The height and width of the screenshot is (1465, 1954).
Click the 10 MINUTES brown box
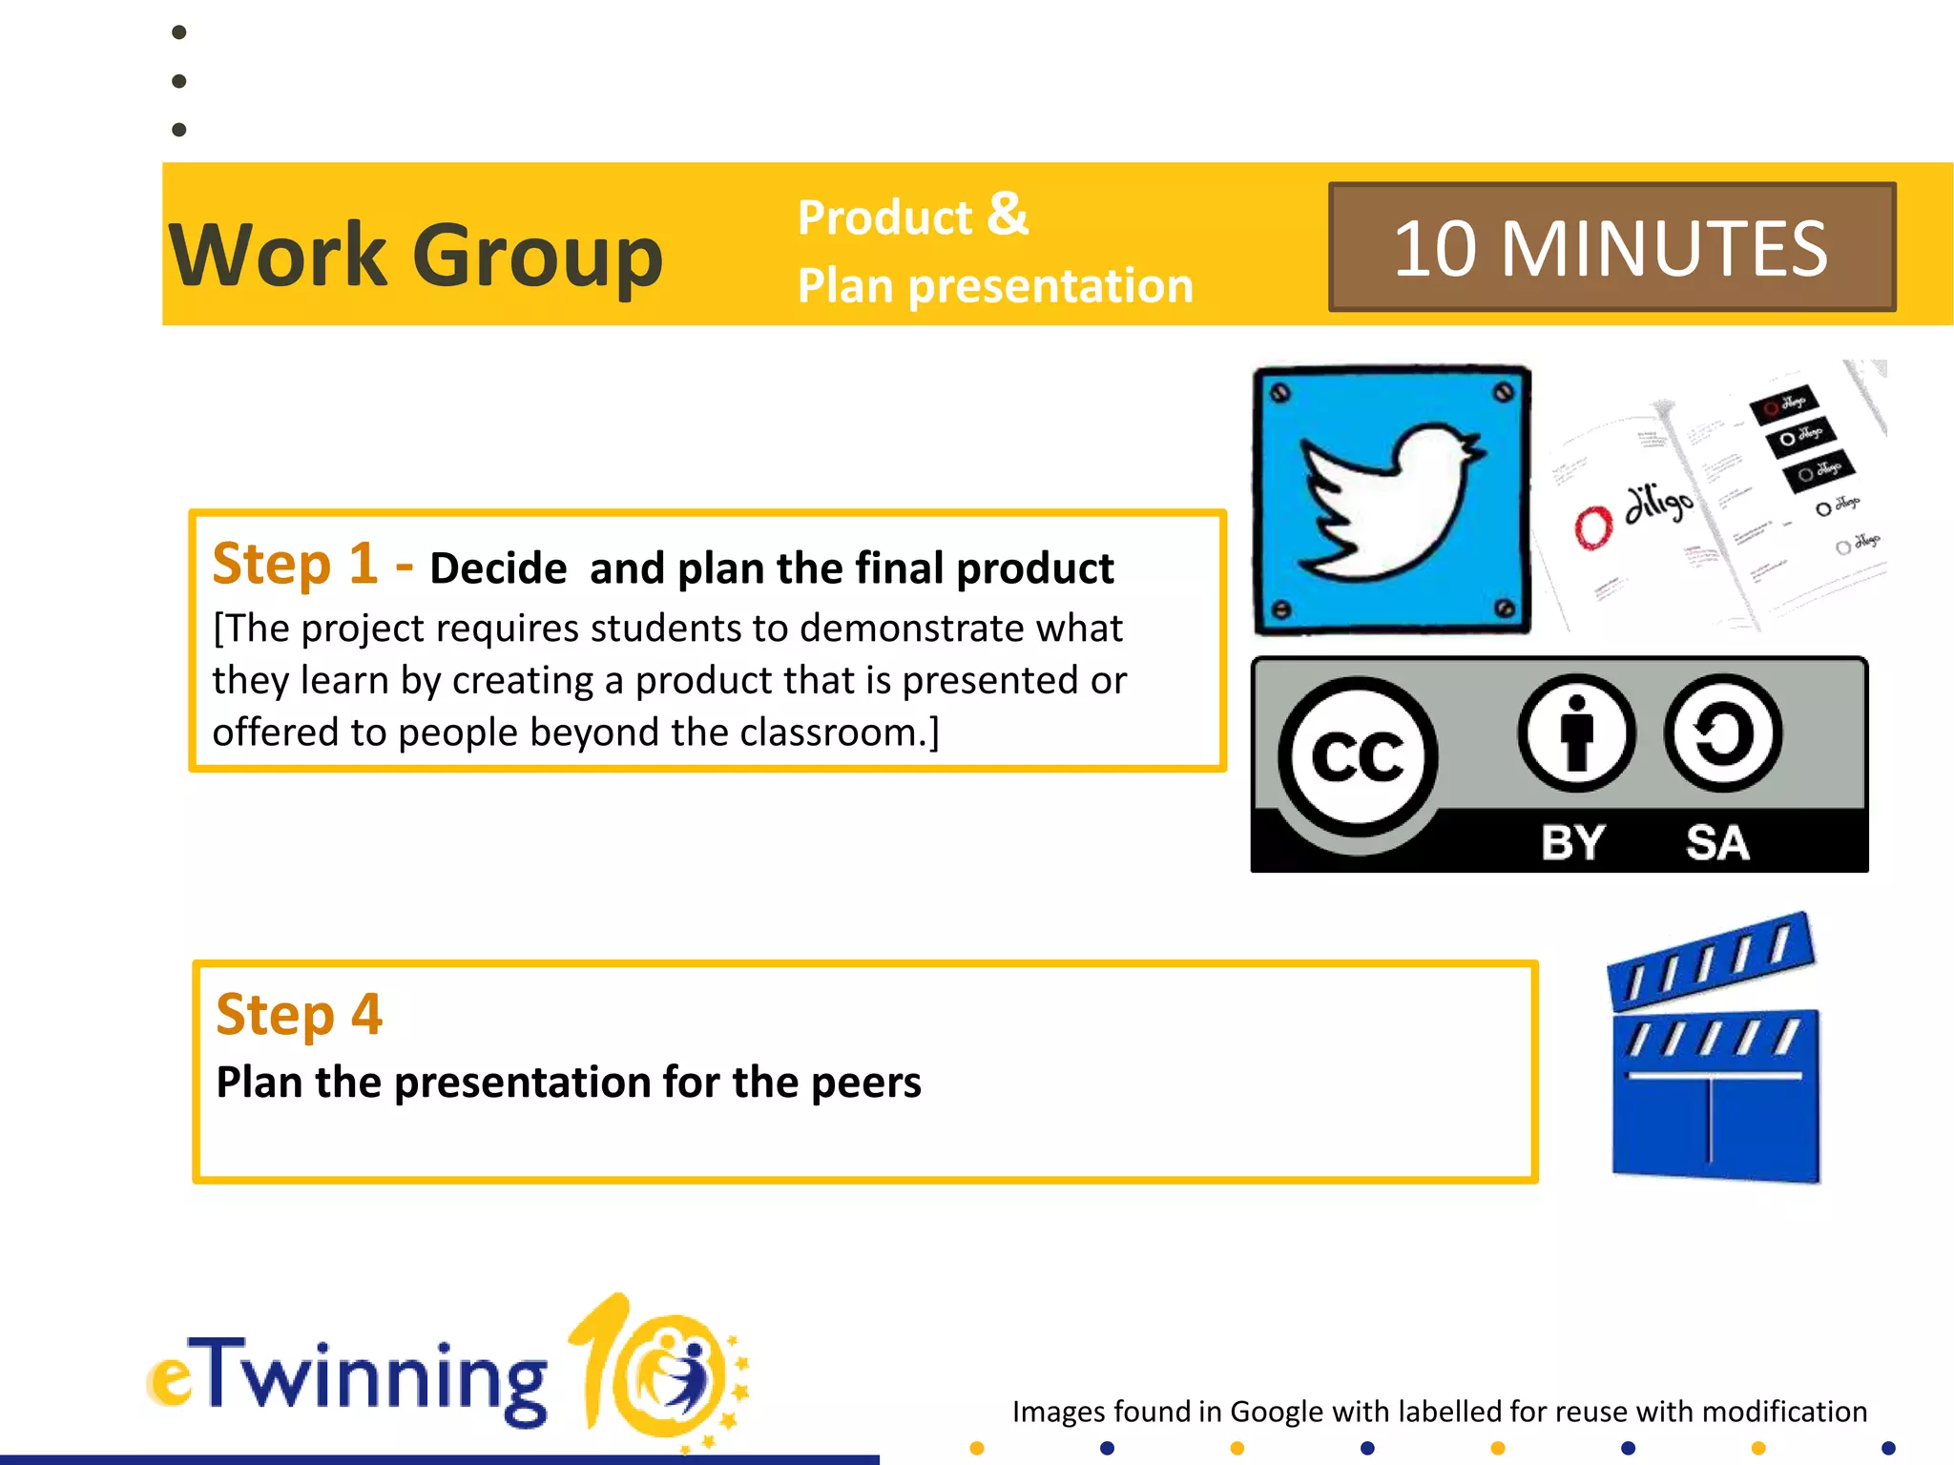pyautogui.click(x=1611, y=247)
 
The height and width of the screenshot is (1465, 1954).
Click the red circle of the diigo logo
pyautogui.click(x=1592, y=526)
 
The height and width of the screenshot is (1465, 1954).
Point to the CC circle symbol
pyautogui.click(x=1358, y=756)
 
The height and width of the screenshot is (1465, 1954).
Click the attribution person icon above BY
pyautogui.click(x=1576, y=733)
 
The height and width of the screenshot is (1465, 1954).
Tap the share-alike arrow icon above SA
pyautogui.click(x=1722, y=733)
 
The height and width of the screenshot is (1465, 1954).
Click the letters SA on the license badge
pyautogui.click(x=1716, y=843)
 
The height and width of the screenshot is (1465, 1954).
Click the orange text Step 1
pyautogui.click(x=295, y=563)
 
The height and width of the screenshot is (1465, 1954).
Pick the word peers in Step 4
pyautogui.click(x=866, y=1083)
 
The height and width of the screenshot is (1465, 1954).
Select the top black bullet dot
pyautogui.click(x=178, y=32)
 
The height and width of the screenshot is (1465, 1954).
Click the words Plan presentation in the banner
pyautogui.click(x=995, y=285)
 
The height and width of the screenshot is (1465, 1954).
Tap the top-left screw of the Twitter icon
pyautogui.click(x=1280, y=392)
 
